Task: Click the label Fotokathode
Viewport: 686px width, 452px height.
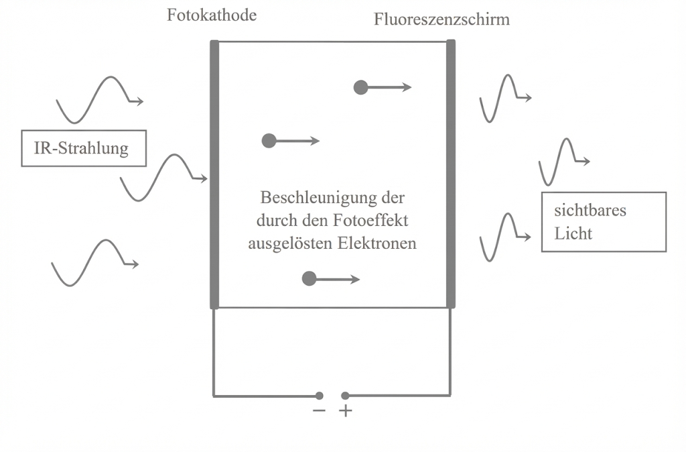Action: pos(212,15)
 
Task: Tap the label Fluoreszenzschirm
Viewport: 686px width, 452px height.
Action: pos(441,19)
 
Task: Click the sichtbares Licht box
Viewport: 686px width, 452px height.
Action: pos(604,222)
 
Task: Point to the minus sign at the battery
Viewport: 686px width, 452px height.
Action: pos(319,411)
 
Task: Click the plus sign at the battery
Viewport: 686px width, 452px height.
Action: pos(346,411)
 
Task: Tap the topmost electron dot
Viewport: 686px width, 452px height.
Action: pos(361,87)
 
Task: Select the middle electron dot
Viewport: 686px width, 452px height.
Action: pos(269,141)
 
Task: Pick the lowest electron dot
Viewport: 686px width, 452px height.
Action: pos(309,279)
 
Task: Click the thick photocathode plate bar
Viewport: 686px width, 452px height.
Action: pos(214,174)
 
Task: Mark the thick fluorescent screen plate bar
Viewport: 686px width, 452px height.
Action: pos(451,174)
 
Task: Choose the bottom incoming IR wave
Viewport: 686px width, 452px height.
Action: pos(94,262)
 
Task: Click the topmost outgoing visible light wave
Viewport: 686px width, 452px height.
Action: pos(504,98)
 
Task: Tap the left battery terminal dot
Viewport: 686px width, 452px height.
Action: pos(320,396)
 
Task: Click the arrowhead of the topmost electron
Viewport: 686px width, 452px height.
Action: pos(407,87)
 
